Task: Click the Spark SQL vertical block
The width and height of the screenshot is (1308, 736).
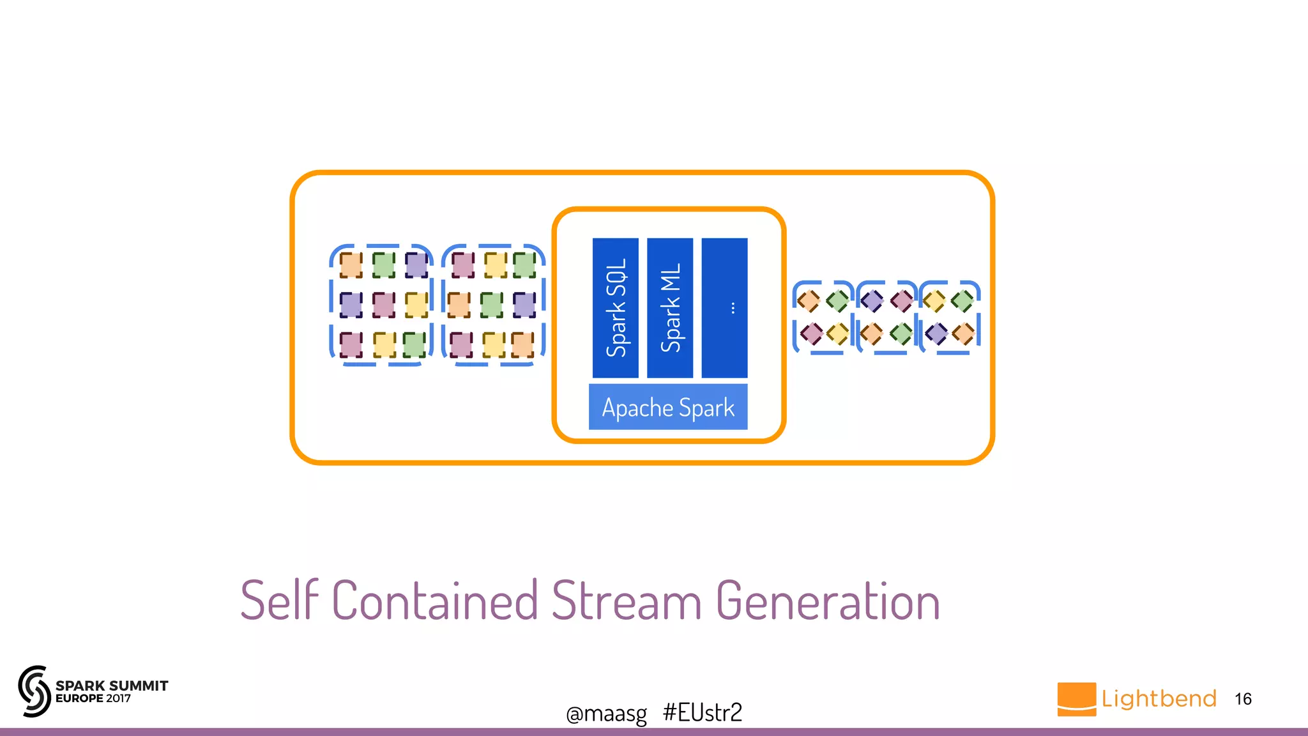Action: pos(615,307)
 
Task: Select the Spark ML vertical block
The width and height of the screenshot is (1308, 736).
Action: pos(669,307)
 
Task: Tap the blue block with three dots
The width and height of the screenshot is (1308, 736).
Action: pos(724,307)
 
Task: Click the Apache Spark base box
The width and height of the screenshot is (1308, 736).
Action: pos(667,407)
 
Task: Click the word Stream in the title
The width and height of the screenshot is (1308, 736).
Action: pos(626,601)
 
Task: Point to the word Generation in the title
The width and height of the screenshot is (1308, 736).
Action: pos(828,601)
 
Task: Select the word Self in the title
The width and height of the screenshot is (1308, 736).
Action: pos(279,601)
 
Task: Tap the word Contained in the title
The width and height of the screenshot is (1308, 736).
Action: pos(435,601)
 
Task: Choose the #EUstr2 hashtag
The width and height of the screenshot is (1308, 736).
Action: pos(703,712)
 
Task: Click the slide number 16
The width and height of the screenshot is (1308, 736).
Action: pos(1243,699)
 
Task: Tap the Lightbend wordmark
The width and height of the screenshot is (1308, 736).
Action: pos(1159,698)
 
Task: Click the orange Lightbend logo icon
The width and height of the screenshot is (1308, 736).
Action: pos(1076,699)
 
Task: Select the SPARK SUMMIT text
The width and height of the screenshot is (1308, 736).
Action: pos(112,686)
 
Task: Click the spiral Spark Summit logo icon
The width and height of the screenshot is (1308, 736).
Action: pos(34,691)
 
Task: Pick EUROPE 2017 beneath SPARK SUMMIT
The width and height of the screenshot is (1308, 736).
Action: pos(93,698)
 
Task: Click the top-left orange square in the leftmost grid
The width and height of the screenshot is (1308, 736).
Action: pos(351,265)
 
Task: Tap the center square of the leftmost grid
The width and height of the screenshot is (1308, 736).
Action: pos(383,305)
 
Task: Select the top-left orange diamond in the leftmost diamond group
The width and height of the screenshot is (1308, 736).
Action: pos(809,300)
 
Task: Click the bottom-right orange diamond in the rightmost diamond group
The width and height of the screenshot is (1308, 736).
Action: pos(963,333)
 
